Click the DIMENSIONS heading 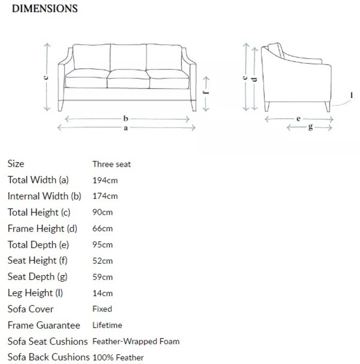click(44, 9)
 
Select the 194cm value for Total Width click(105, 180)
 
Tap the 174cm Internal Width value click(105, 196)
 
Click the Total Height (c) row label click(39, 212)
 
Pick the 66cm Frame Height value click(102, 229)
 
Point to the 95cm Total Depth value click(102, 245)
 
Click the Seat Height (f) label click(37, 261)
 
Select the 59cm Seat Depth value click(102, 277)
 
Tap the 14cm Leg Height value click(102, 293)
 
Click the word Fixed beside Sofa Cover click(102, 309)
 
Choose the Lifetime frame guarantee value click(107, 325)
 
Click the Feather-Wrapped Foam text click(136, 341)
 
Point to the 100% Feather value click(118, 357)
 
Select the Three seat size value click(112, 164)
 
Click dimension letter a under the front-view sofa click(126, 128)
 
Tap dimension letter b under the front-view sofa click(126, 118)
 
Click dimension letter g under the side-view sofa click(310, 127)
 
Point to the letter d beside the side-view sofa click(254, 78)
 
